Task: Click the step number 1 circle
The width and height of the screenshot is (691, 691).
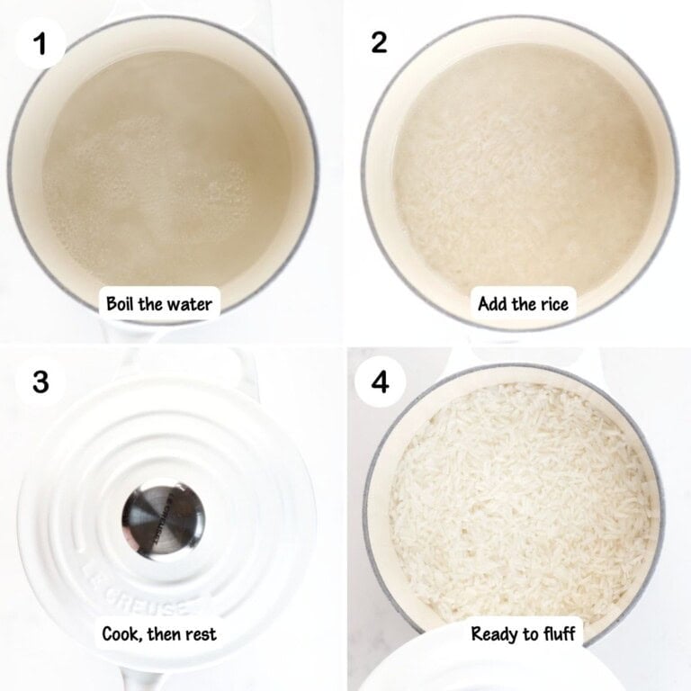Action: (39, 42)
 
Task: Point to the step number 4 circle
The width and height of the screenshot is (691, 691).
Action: (381, 381)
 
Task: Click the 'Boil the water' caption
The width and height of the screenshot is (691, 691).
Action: (159, 304)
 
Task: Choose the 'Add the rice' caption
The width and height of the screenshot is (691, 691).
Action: (523, 304)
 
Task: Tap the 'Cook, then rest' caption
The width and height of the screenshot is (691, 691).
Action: (159, 634)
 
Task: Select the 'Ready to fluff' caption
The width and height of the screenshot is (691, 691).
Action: (523, 634)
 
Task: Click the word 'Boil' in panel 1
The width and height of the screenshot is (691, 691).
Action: (123, 304)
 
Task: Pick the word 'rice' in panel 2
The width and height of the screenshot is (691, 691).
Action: (552, 304)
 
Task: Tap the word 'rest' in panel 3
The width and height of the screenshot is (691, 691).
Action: (200, 634)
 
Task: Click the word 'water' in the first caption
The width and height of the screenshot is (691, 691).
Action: (191, 304)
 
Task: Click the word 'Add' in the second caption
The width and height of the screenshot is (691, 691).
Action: (492, 304)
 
